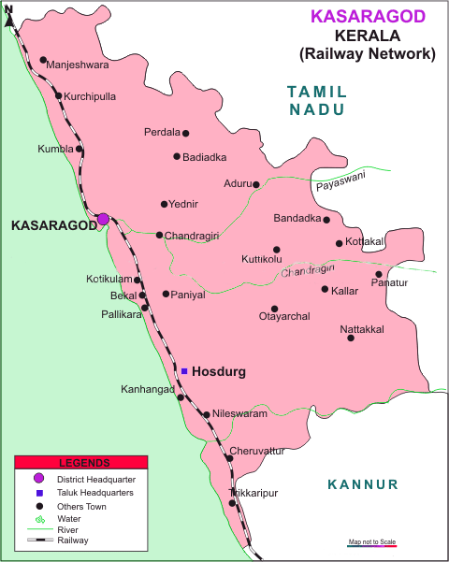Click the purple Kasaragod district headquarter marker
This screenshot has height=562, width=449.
point(103,219)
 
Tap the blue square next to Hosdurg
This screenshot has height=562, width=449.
point(184,371)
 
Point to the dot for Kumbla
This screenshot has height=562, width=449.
point(80,149)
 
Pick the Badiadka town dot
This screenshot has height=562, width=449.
point(176,156)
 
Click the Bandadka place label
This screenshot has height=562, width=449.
point(296,219)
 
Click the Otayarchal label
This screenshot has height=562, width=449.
point(283,317)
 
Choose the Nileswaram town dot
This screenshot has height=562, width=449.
point(206,412)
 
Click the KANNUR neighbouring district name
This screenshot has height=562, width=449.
point(363,484)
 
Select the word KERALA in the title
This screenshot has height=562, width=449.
point(367,36)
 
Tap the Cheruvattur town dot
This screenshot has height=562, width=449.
point(229,457)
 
